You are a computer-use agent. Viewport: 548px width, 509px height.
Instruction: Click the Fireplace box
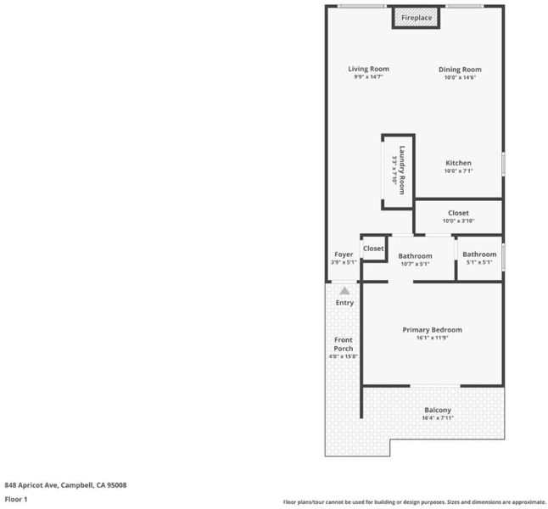(416, 18)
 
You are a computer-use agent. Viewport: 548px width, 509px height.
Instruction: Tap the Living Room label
(368, 69)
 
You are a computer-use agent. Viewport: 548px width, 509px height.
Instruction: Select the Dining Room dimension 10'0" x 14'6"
(460, 77)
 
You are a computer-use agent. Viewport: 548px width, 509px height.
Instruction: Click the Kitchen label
(459, 163)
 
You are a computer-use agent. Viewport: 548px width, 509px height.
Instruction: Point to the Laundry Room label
(402, 170)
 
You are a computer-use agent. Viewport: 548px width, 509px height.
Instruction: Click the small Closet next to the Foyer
(373, 249)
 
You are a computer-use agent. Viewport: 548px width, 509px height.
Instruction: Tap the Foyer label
(344, 255)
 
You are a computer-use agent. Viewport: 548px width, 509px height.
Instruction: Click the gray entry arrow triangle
(344, 291)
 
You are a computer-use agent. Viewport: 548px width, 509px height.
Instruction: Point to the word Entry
(344, 303)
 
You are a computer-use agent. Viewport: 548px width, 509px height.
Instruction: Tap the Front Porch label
(344, 344)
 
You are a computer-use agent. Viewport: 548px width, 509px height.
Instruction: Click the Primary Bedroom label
(433, 330)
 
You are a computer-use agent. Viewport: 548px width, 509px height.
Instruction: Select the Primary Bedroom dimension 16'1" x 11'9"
(433, 338)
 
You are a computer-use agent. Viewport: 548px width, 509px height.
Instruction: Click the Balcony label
(438, 410)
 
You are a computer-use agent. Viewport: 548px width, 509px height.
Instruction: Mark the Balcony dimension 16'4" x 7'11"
(438, 418)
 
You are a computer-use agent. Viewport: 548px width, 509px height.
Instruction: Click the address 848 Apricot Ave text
(65, 485)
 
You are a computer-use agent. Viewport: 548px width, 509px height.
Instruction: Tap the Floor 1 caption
(16, 499)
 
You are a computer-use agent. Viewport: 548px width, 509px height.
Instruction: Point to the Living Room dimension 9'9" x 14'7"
(368, 77)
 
